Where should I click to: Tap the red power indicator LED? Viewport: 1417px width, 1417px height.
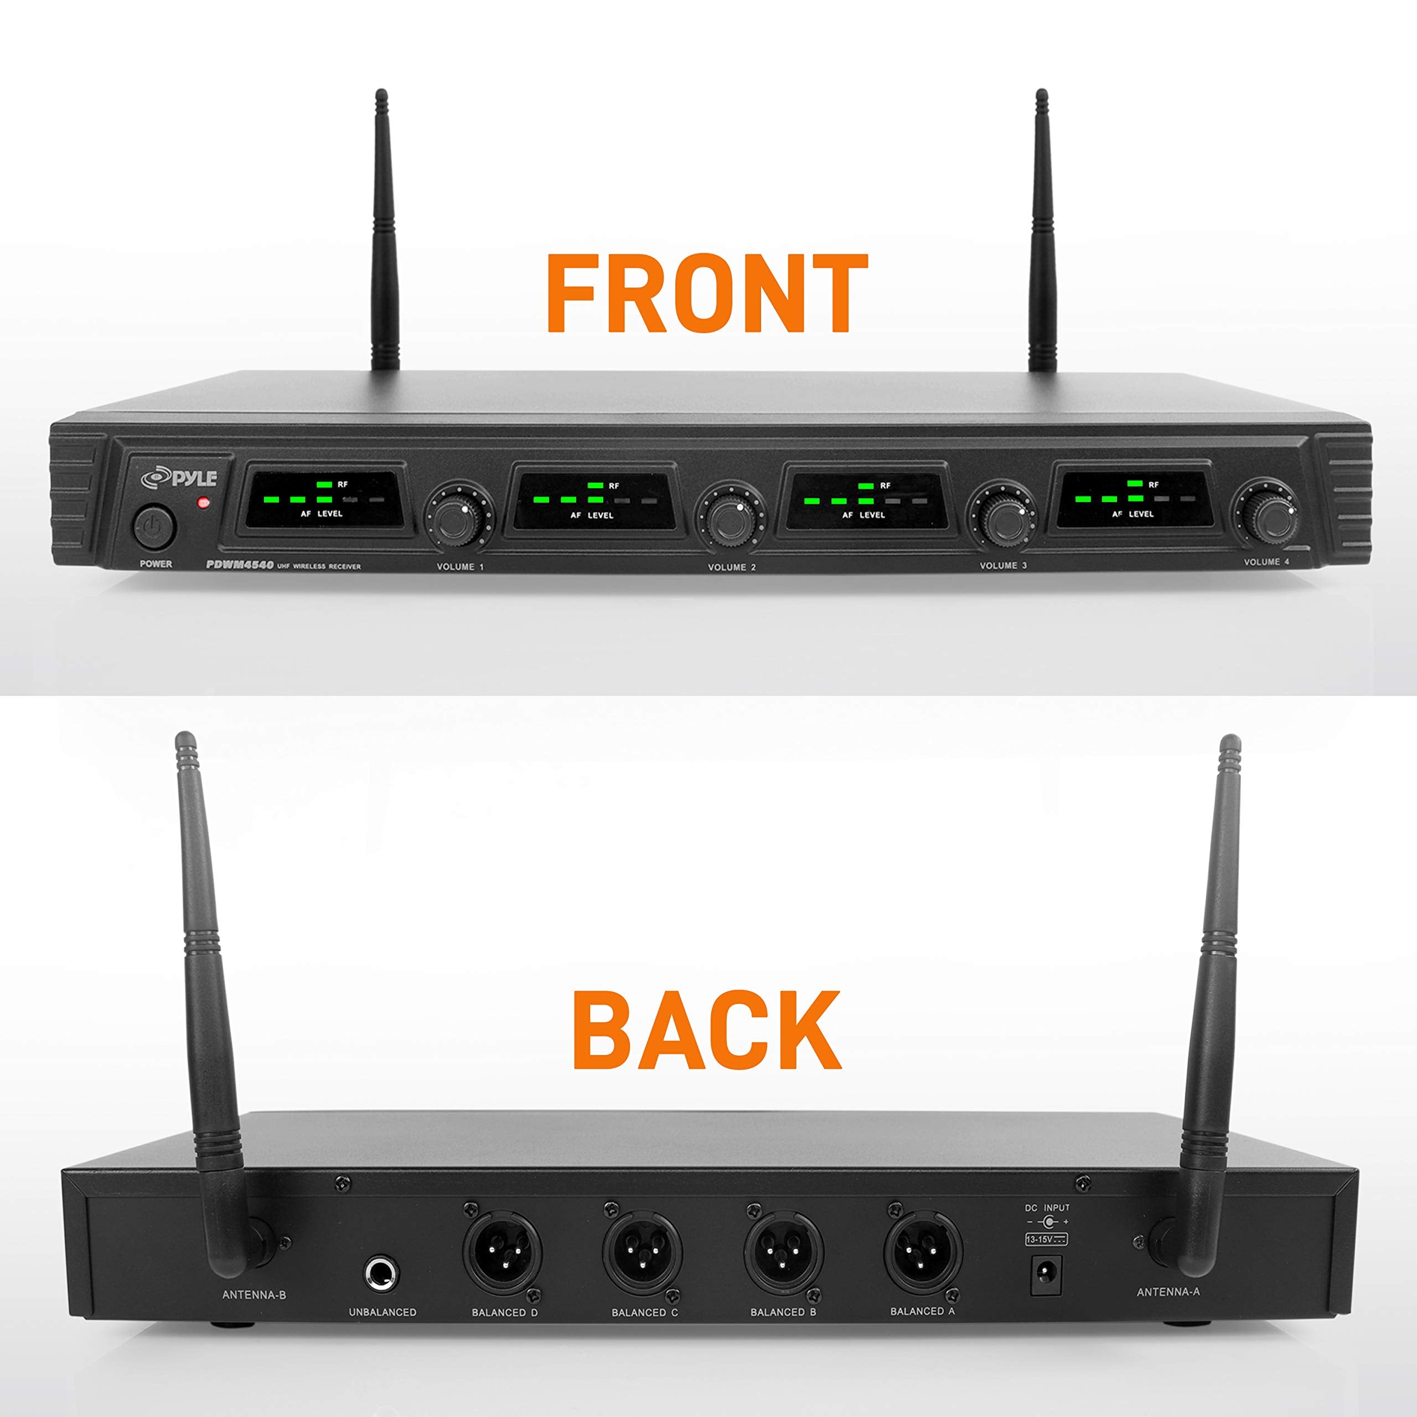click(203, 503)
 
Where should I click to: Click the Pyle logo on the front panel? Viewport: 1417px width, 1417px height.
click(180, 478)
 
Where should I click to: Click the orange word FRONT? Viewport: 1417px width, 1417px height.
click(707, 294)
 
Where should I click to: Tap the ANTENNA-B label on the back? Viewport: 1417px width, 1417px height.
click(254, 1315)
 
